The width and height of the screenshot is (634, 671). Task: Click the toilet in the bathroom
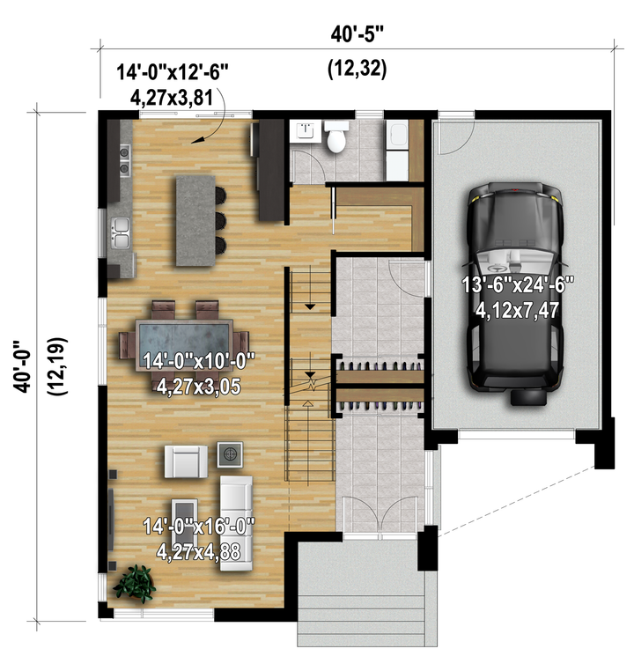pyautogui.click(x=336, y=136)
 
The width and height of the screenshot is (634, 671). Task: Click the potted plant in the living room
pyautogui.click(x=135, y=584)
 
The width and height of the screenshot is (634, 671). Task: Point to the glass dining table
pyautogui.click(x=184, y=344)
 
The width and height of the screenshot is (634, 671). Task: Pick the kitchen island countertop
pyautogui.click(x=195, y=221)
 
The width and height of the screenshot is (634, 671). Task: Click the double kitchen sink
pyautogui.click(x=121, y=233)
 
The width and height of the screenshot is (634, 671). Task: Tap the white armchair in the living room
pyautogui.click(x=186, y=461)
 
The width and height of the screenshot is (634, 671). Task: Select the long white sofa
pyautogui.click(x=236, y=523)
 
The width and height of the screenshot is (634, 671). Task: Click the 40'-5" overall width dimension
pyautogui.click(x=358, y=34)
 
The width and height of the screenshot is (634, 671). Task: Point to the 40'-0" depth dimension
pyautogui.click(x=22, y=366)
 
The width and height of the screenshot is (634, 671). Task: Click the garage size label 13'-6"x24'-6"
pyautogui.click(x=518, y=284)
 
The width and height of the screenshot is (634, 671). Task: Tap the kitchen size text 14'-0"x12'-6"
pyautogui.click(x=173, y=72)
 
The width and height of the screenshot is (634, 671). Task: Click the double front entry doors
pyautogui.click(x=380, y=516)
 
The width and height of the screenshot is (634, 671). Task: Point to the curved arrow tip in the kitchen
pyautogui.click(x=193, y=143)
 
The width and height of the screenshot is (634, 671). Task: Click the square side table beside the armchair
pyautogui.click(x=230, y=454)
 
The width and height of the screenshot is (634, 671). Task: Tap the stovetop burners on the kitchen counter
pyautogui.click(x=124, y=160)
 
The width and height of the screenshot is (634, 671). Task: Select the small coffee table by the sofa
pyautogui.click(x=184, y=516)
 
